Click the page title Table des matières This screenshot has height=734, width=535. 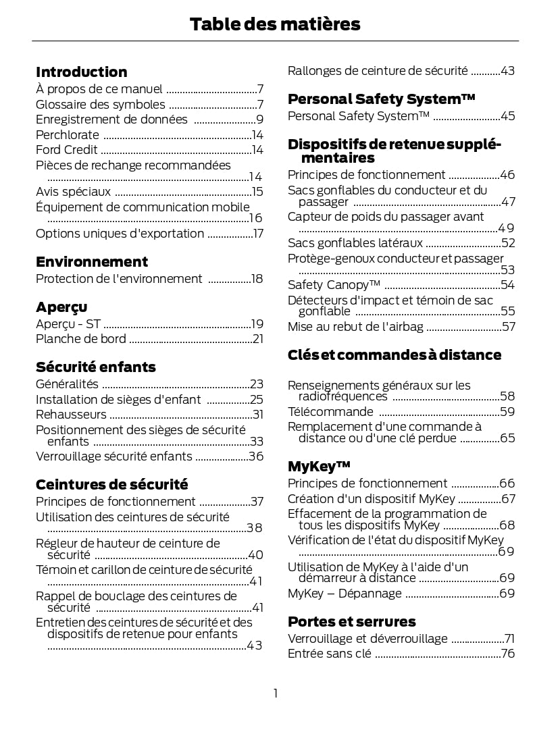tap(275, 25)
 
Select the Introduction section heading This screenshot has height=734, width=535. tap(81, 72)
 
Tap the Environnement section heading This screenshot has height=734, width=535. tap(91, 262)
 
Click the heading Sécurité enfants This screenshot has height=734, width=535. tap(95, 367)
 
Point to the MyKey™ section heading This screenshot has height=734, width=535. tap(319, 467)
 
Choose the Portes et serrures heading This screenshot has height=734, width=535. tap(351, 622)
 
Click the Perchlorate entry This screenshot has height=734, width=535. tap(68, 135)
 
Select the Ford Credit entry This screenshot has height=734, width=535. tap(66, 150)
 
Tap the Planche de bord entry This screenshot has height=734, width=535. tap(80, 339)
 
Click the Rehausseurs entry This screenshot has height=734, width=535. tap(71, 415)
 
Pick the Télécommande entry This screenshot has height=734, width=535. tap(330, 412)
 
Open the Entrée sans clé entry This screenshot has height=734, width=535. tap(329, 654)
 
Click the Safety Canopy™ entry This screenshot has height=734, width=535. tap(334, 285)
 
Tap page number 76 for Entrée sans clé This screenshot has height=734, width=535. tap(508, 654)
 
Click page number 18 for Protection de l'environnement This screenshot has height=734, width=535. tap(257, 279)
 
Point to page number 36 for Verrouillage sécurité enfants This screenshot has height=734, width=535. tap(256, 456)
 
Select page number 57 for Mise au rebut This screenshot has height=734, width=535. tap(508, 327)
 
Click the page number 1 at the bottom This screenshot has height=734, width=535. tap(276, 693)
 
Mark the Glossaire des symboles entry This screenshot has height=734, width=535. tap(100, 105)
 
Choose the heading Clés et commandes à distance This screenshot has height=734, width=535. tap(394, 355)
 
